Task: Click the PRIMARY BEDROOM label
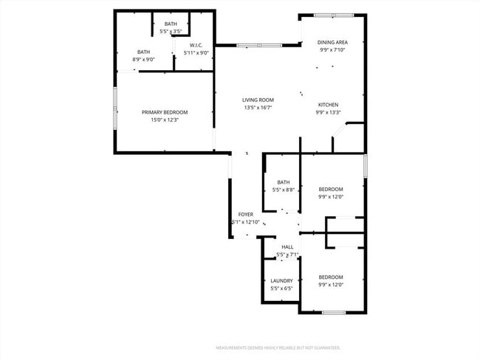pyautogui.click(x=165, y=112)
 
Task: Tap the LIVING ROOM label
pyautogui.click(x=258, y=100)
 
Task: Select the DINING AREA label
pyautogui.click(x=332, y=43)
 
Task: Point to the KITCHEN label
pyautogui.click(x=329, y=105)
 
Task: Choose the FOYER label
pyautogui.click(x=246, y=215)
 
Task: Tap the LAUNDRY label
pyautogui.click(x=281, y=280)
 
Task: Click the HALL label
pyautogui.click(x=287, y=247)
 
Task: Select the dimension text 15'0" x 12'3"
pyautogui.click(x=165, y=120)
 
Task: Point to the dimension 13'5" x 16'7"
pyautogui.click(x=258, y=108)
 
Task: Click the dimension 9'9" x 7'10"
pyautogui.click(x=332, y=51)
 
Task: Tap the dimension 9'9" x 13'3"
pyautogui.click(x=329, y=112)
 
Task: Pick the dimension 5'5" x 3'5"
pyautogui.click(x=171, y=32)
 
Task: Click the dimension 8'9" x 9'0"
pyautogui.click(x=143, y=59)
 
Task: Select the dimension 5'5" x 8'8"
pyautogui.click(x=284, y=190)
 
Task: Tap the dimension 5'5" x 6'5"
pyautogui.click(x=281, y=288)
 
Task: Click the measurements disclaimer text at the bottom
pyautogui.click(x=278, y=347)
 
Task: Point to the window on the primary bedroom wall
pyautogui.click(x=114, y=109)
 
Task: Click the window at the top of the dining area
pyautogui.click(x=334, y=15)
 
